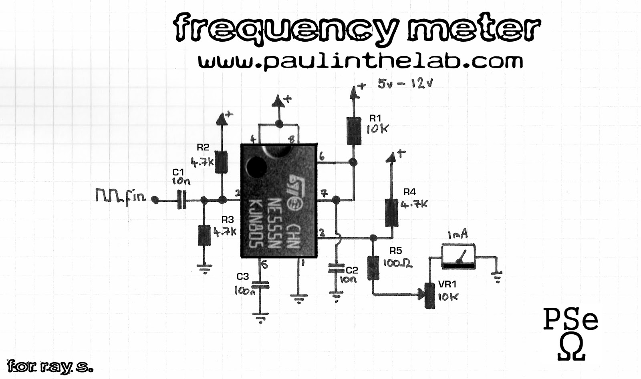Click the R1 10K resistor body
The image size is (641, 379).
click(354, 130)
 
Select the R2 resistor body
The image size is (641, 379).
click(221, 162)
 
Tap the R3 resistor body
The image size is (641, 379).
click(204, 235)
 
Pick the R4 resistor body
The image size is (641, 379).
click(391, 212)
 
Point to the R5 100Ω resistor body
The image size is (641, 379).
click(373, 268)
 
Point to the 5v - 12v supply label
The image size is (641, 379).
click(406, 84)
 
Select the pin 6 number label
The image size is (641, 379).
click(322, 157)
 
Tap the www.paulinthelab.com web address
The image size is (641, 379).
click(361, 62)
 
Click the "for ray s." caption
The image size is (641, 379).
click(50, 367)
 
